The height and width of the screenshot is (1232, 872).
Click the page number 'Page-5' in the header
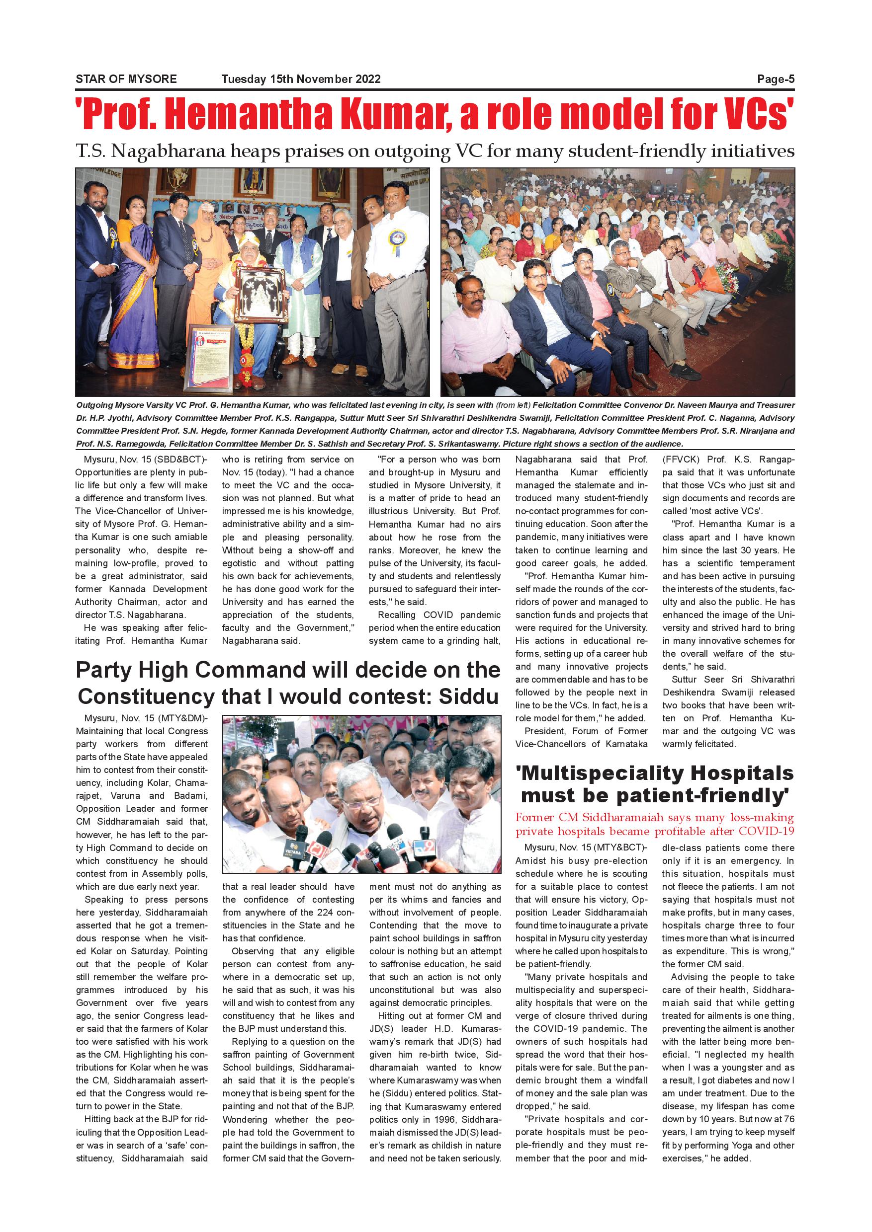coord(776,79)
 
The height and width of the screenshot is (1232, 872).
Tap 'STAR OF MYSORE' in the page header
coord(126,79)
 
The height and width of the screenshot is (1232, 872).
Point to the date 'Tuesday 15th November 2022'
coord(301,79)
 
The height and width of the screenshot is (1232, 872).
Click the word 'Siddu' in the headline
coord(469,696)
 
